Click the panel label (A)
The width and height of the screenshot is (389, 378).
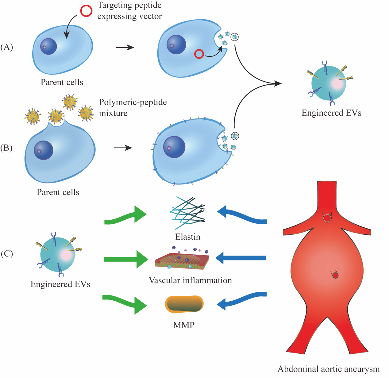coord(7,47)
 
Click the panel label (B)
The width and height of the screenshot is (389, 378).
coord(6,148)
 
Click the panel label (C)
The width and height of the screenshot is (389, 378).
coord(7,254)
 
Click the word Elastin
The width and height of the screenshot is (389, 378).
coord(188,237)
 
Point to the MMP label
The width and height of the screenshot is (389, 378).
coord(184,325)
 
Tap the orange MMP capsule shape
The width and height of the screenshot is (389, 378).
coord(184,304)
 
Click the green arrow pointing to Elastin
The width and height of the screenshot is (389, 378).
coord(125,216)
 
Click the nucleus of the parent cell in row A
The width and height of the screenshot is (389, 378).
coord(48,46)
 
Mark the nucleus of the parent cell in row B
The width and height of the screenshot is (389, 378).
coord(44,150)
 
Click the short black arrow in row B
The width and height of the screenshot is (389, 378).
coord(123,148)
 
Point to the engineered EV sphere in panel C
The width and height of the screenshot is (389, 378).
coord(58,254)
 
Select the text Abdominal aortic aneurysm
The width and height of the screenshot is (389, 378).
coord(329,369)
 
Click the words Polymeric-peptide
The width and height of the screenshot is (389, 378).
coord(133,102)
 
